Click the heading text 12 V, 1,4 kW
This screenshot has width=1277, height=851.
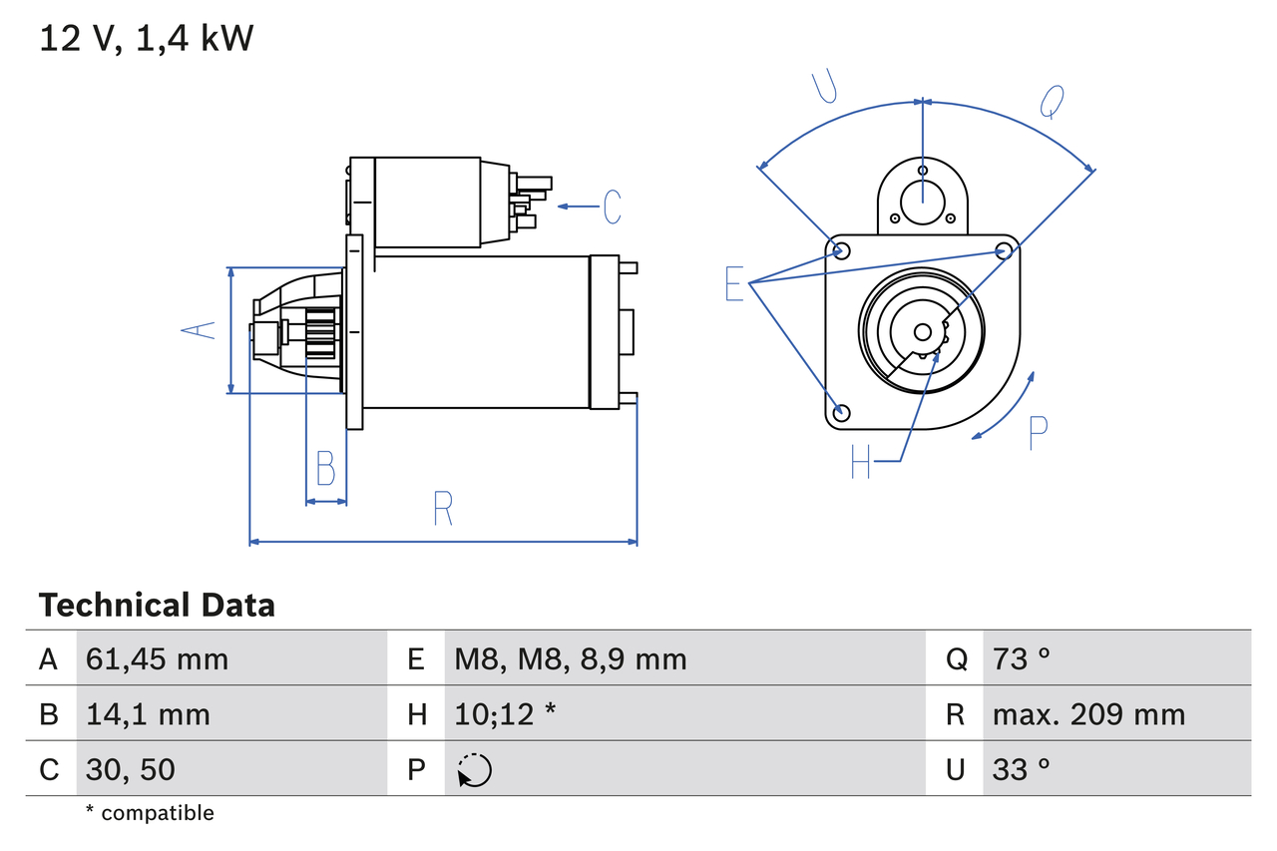click(x=147, y=39)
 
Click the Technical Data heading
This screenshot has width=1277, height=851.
click(x=157, y=606)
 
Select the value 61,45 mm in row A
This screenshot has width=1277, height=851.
click(x=158, y=658)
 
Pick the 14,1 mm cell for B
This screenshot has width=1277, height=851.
click(x=148, y=714)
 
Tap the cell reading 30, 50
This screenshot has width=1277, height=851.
click(x=131, y=769)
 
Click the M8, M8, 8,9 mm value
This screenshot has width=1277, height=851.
click(x=571, y=658)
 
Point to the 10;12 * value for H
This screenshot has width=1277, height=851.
click(x=505, y=714)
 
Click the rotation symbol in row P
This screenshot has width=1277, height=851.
click(x=474, y=770)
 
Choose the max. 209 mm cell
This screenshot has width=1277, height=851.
click(x=1088, y=714)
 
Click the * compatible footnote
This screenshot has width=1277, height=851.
click(x=150, y=813)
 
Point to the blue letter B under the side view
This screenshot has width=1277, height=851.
click(x=325, y=468)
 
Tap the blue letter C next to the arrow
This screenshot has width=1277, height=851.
click(x=612, y=207)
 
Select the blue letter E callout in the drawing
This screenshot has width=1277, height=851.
click(x=734, y=284)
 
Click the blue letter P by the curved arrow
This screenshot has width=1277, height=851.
click(x=1038, y=432)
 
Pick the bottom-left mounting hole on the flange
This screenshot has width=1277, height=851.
click(x=841, y=412)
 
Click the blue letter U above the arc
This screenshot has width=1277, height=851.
click(x=824, y=87)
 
